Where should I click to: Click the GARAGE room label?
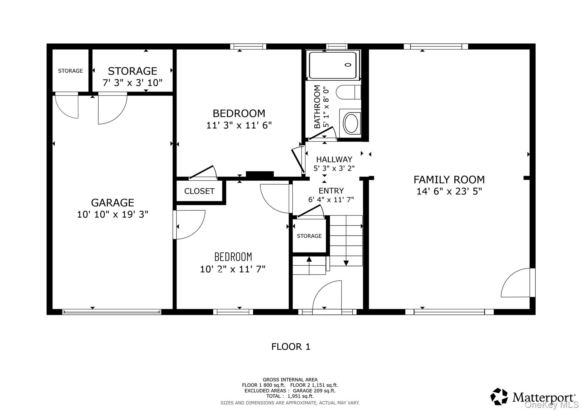pyautogui.click(x=113, y=203)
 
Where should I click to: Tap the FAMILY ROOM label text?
pyautogui.click(x=449, y=180)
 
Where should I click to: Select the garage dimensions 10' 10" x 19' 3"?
pyautogui.click(x=113, y=214)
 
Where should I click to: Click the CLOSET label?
pyautogui.click(x=199, y=191)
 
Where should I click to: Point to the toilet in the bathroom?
pyautogui.click(x=348, y=92)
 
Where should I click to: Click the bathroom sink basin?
pyautogui.click(x=352, y=123)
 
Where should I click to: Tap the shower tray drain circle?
pyautogui.click(x=348, y=65)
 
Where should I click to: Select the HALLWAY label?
pyautogui.click(x=334, y=159)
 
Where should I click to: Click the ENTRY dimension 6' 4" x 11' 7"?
pyautogui.click(x=331, y=200)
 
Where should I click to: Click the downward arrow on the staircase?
pyautogui.click(x=346, y=263)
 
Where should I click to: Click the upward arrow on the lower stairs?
pyautogui.click(x=309, y=259)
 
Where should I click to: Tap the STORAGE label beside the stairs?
pyautogui.click(x=309, y=236)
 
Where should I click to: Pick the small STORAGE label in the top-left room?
pyautogui.click(x=70, y=71)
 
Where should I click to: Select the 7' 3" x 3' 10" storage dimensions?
pyautogui.click(x=132, y=83)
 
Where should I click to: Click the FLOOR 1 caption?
pyautogui.click(x=291, y=347)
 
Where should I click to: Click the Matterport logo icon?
pyautogui.click(x=499, y=396)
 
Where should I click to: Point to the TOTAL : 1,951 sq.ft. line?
pyautogui.click(x=290, y=396)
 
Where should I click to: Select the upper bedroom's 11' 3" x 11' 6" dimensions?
pyautogui.click(x=239, y=125)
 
